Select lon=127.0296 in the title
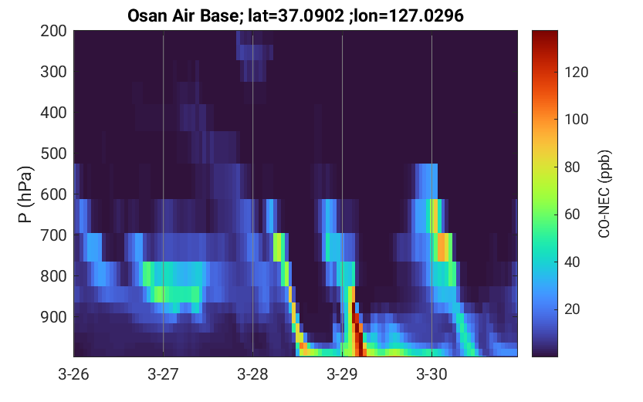[411, 16]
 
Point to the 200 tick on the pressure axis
[53, 31]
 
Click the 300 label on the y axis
[53, 72]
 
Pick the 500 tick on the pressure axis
[53, 154]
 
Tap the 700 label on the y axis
[53, 235]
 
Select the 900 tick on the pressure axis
[53, 317]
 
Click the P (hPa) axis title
[25, 194]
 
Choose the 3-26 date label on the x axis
[73, 374]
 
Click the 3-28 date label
[252, 374]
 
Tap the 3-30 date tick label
[431, 374]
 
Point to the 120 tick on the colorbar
[576, 72]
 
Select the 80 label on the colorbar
[572, 167]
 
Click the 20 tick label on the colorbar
[572, 309]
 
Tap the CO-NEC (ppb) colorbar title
[604, 194]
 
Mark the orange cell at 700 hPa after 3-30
[442, 247]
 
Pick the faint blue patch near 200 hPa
[254, 52]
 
